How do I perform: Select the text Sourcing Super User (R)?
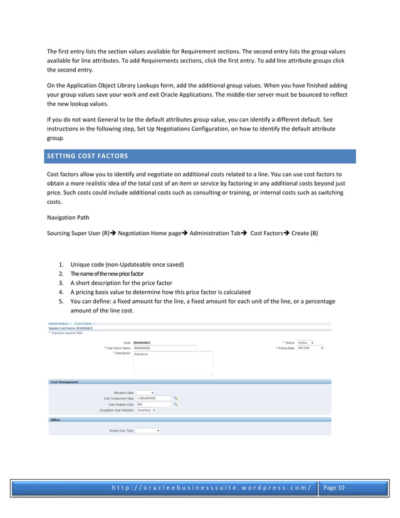[x=78, y=233]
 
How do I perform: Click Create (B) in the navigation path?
[x=305, y=233]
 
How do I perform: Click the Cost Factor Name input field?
[x=165, y=348]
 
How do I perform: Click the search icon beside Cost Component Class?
[x=176, y=398]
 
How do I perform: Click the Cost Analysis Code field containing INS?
[x=153, y=404]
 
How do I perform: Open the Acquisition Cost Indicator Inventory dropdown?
[x=146, y=410]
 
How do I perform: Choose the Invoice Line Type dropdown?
[x=148, y=431]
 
